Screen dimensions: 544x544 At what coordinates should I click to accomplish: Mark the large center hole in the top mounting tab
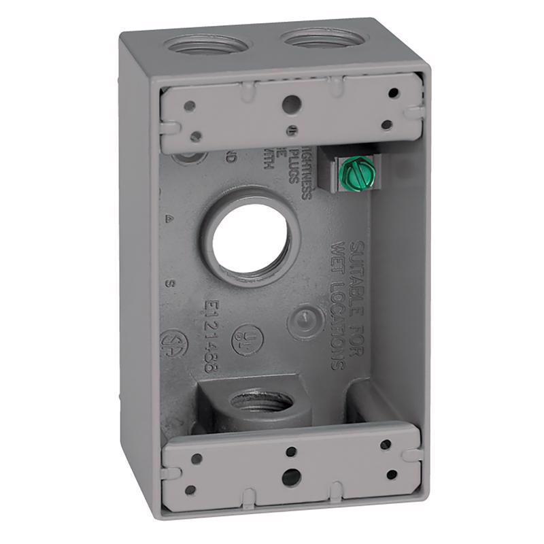tap(290, 104)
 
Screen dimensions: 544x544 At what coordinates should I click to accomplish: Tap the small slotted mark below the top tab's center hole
tap(292, 129)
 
